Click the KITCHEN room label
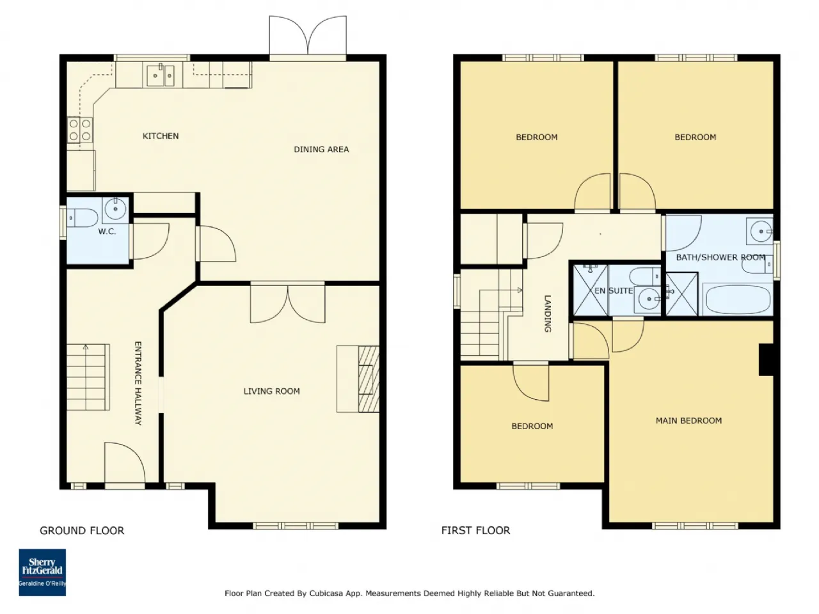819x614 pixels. [x=161, y=136]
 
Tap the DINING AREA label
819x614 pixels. [x=321, y=150]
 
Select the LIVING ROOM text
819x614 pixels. [x=272, y=391]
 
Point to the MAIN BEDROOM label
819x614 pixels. [x=688, y=420]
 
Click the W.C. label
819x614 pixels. [x=107, y=232]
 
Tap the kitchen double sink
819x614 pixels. [x=161, y=75]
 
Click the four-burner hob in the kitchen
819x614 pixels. [x=80, y=130]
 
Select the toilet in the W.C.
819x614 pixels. [x=83, y=217]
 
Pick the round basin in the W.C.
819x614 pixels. [x=115, y=208]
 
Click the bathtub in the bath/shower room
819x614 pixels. [x=738, y=299]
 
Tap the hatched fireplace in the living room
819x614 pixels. [x=369, y=379]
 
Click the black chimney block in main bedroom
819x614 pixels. [x=766, y=359]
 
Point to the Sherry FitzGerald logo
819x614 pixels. [x=42, y=572]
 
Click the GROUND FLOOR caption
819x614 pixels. [x=82, y=530]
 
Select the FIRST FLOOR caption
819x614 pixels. [x=475, y=530]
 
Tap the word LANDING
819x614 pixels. [x=547, y=313]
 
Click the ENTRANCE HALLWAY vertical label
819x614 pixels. [x=138, y=383]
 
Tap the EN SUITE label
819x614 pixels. [x=614, y=291]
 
